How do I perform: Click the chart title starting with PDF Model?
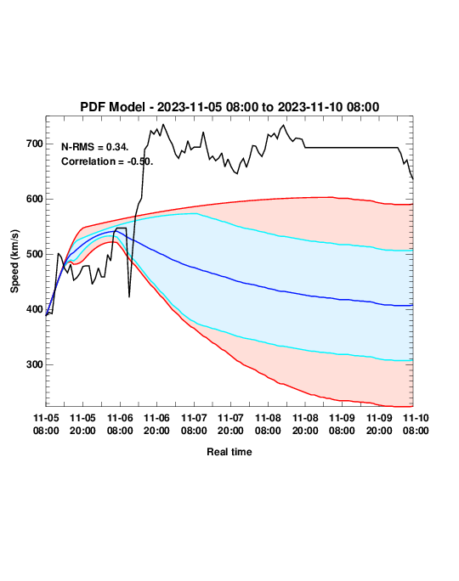pos(229,107)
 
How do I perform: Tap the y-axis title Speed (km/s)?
pos(14,262)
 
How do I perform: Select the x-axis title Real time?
pos(229,452)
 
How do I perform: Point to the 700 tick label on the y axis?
pos(35,144)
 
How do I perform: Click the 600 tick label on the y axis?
pos(35,199)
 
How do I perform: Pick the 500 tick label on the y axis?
pos(35,254)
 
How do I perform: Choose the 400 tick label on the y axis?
pos(35,309)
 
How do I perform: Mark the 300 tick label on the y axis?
pos(35,364)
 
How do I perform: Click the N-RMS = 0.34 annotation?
pos(95,147)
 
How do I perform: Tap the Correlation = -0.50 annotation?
pos(107,161)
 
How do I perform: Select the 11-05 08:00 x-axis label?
pos(46,424)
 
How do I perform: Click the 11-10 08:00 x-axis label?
pos(416,424)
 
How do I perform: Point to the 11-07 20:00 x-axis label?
pos(230,424)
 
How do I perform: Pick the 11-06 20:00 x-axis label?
pos(157,424)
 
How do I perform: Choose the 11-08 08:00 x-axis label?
pos(268,424)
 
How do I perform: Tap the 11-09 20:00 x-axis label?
pos(379,424)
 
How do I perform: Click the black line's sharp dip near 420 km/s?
pos(129,296)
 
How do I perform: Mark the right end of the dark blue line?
pos(412,305)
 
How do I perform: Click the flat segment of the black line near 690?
pos(352,148)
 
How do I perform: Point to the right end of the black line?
pos(413,179)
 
